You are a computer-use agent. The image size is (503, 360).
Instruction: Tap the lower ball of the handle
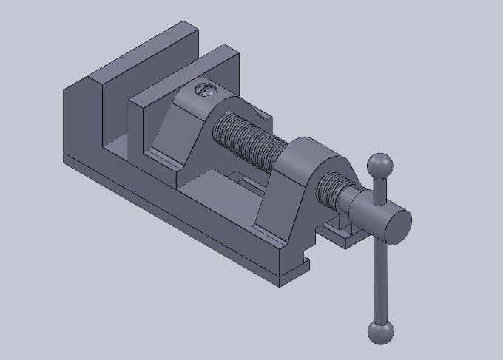380,332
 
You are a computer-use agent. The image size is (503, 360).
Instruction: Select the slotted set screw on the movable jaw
205,90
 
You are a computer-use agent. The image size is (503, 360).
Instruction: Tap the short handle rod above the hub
380,191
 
